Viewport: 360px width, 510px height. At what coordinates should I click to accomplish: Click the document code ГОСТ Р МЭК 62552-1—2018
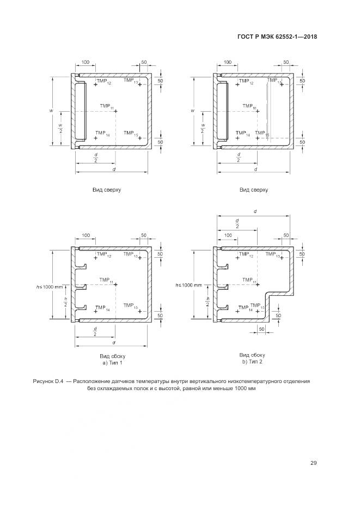(x=277, y=37)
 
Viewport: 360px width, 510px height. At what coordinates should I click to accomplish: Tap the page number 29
(x=313, y=463)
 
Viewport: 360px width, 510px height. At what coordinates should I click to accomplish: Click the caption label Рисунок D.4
(x=48, y=381)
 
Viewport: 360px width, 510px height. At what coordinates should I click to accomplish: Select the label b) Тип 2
(x=252, y=362)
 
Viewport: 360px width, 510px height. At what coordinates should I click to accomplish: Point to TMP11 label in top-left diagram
(x=107, y=106)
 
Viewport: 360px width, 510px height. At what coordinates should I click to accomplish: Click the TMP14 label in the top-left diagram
(x=102, y=134)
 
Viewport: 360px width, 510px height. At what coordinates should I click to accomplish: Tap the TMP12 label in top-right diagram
(x=246, y=81)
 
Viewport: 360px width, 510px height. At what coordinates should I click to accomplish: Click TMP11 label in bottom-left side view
(x=107, y=281)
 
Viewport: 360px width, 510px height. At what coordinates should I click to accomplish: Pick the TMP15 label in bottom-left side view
(x=131, y=306)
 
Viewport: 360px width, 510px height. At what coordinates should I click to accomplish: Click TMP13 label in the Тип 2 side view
(x=271, y=255)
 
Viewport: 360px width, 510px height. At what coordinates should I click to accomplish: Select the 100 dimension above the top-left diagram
(x=85, y=62)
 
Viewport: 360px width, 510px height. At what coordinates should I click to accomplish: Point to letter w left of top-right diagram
(x=193, y=111)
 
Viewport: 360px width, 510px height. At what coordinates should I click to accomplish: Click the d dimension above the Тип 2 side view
(x=255, y=210)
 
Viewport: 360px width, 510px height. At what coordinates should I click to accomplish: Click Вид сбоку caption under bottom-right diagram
(x=252, y=355)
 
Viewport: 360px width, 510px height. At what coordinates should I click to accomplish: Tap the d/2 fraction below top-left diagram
(x=95, y=158)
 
